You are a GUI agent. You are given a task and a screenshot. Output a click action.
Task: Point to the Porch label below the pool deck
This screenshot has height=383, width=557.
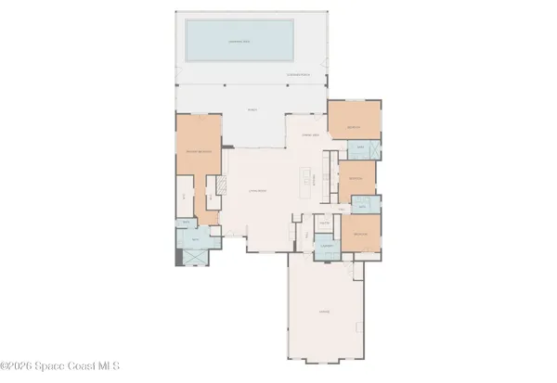point(251,110)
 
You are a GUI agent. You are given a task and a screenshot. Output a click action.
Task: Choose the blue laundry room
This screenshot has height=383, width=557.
point(325,249)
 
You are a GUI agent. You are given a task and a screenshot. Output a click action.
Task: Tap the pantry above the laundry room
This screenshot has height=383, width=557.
point(325,223)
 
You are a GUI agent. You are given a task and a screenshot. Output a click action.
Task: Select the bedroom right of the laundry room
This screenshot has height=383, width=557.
point(362,235)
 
